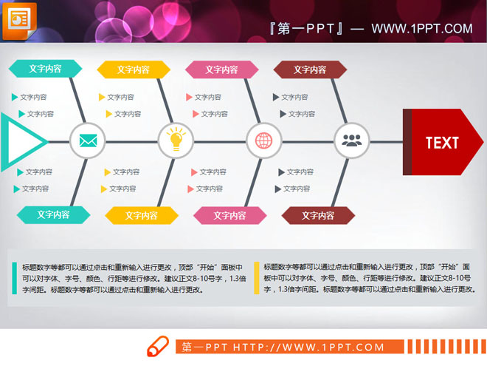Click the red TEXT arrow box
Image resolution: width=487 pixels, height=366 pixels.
(x=441, y=142)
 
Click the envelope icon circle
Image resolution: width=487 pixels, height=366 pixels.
(x=88, y=140)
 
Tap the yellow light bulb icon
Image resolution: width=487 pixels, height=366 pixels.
(x=176, y=140)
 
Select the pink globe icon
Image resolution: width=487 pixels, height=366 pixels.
(x=263, y=140)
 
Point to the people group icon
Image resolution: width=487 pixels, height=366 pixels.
(x=351, y=140)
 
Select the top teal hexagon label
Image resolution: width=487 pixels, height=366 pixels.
(x=45, y=69)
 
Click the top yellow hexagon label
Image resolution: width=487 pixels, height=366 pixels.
(x=134, y=70)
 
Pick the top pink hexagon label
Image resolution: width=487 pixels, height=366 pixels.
(x=221, y=70)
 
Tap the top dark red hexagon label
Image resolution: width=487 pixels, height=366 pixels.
(x=310, y=70)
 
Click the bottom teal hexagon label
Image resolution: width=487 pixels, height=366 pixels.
(x=53, y=214)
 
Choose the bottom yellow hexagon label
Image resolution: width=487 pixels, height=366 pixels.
(x=142, y=215)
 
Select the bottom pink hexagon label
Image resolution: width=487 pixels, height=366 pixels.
(x=229, y=215)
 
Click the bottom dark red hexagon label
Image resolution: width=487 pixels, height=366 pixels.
(x=318, y=215)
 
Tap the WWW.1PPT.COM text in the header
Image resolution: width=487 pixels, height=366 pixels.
(x=421, y=29)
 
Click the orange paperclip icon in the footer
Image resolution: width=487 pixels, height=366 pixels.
(x=159, y=347)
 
